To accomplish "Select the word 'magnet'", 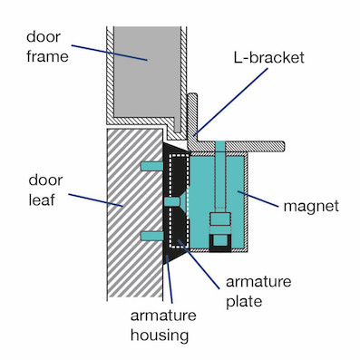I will point(308,207).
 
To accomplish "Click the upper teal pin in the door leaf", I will point(151,165).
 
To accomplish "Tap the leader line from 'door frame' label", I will point(109,45).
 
